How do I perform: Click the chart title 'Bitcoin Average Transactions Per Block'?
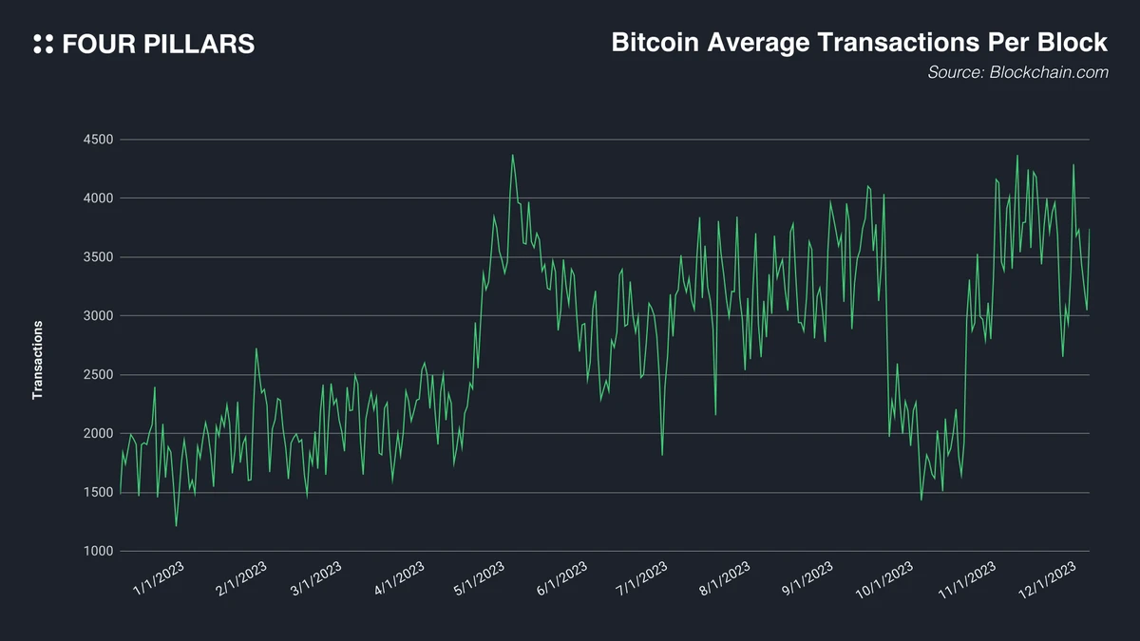click(859, 43)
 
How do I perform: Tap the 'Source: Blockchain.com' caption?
click(1017, 72)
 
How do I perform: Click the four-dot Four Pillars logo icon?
click(43, 44)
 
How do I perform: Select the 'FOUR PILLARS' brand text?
click(158, 44)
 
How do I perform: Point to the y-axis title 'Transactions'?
click(38, 360)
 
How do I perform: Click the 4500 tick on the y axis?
click(98, 140)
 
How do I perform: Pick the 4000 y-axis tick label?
click(98, 198)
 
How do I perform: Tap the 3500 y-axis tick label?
click(98, 257)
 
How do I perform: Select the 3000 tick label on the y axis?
click(98, 316)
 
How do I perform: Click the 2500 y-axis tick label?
click(98, 375)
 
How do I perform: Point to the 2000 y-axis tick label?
click(98, 434)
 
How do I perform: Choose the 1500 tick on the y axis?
click(98, 493)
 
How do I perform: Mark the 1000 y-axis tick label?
click(98, 552)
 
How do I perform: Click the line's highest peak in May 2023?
click(513, 155)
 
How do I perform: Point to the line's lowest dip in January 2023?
click(176, 525)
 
